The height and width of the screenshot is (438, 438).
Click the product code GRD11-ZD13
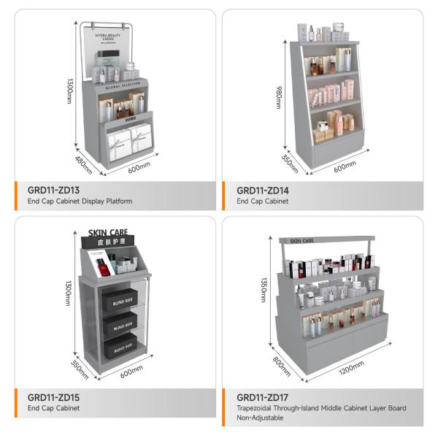[x=57, y=190]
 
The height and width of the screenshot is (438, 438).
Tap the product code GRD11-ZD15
[x=57, y=397]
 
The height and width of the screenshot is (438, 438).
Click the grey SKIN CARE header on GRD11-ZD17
[x=301, y=240]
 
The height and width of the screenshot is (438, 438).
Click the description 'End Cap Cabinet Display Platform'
[x=80, y=201]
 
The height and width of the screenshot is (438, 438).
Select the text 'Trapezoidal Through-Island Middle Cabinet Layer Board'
[x=320, y=408]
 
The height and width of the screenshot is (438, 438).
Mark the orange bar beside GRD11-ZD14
[x=225, y=195]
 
